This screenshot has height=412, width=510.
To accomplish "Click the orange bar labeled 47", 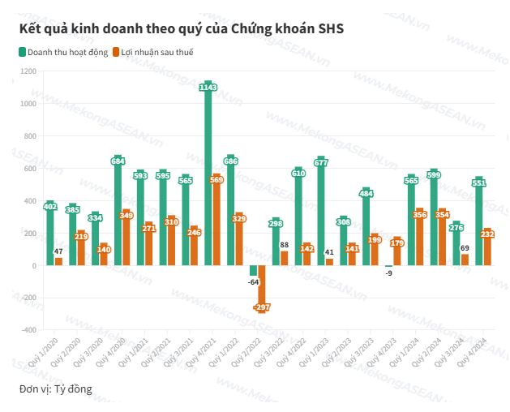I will pyautogui.click(x=58, y=262).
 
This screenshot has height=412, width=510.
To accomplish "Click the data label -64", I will pyautogui.click(x=253, y=282).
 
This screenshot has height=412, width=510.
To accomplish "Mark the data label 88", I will pyautogui.click(x=285, y=244).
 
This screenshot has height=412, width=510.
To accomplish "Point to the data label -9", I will pyautogui.click(x=388, y=273).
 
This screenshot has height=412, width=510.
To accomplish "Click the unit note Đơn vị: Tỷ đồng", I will pyautogui.click(x=56, y=389).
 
